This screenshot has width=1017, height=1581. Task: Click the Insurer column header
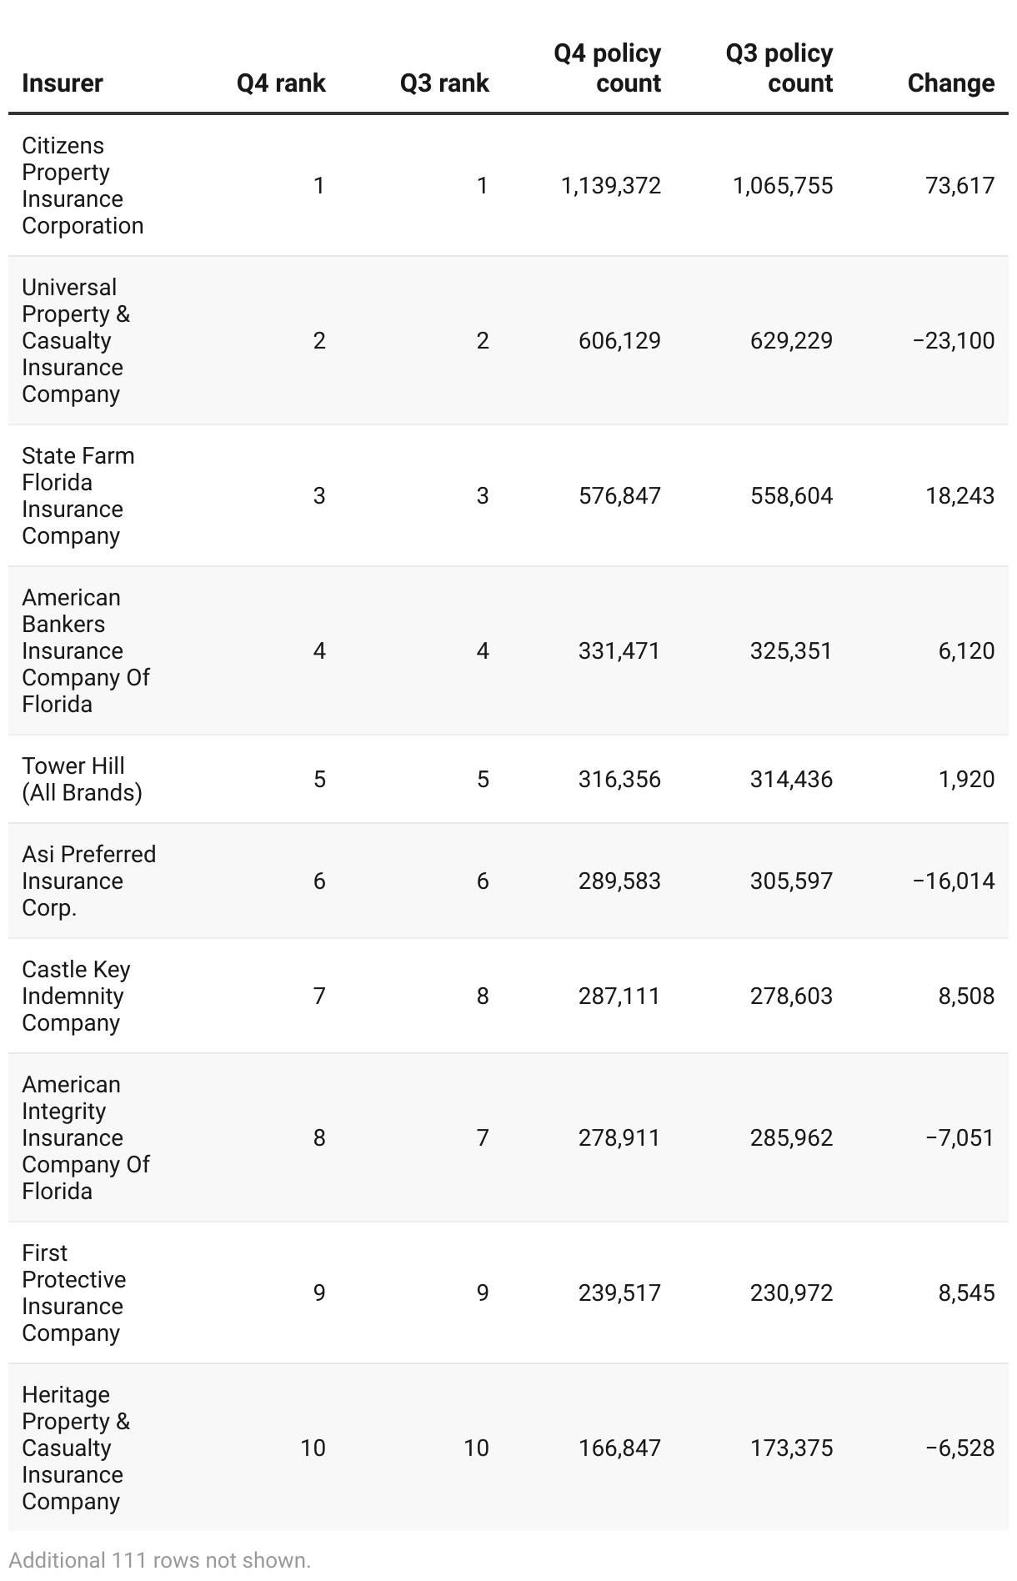63,83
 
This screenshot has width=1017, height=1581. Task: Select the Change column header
950,83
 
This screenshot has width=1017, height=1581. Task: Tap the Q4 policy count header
607,68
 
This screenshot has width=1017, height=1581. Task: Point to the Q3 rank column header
444,83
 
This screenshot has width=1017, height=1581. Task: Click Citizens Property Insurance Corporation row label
83,185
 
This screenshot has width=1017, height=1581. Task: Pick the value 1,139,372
611,185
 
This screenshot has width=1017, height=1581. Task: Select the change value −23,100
954,340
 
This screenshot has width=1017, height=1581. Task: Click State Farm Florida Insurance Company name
78,495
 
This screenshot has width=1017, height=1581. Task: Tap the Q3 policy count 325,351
791,650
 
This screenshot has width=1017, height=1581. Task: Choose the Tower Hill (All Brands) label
82,779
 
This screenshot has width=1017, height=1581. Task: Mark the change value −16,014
954,881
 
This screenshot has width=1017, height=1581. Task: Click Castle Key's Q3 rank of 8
483,996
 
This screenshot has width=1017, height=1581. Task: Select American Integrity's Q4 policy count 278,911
619,1137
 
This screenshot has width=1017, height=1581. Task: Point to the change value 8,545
966,1292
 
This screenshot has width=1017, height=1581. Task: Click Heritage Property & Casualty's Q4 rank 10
313,1448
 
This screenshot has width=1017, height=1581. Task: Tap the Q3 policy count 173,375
791,1448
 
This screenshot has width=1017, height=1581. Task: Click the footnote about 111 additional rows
160,1560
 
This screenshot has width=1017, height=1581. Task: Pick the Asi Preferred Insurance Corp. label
88,881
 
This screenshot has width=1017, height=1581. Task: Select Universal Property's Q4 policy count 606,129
619,340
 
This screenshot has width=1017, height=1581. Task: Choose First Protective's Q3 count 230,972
791,1292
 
